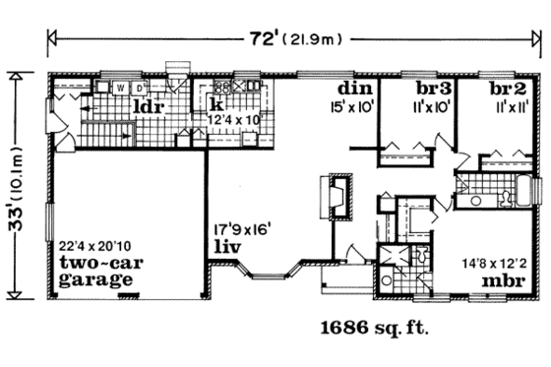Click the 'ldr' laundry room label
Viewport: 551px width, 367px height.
149,106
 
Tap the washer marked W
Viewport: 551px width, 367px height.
120,88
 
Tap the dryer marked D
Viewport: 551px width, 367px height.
139,88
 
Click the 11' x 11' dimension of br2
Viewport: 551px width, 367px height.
510,107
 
